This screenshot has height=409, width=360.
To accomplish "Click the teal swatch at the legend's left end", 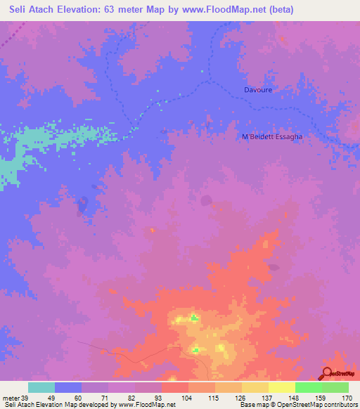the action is [x=41, y=387].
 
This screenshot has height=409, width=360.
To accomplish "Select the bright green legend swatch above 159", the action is [x=308, y=387].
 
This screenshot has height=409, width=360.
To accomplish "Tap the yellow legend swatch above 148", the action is [x=281, y=387].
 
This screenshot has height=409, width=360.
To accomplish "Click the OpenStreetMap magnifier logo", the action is [x=327, y=373].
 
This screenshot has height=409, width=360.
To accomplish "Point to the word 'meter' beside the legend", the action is [x=9, y=398].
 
